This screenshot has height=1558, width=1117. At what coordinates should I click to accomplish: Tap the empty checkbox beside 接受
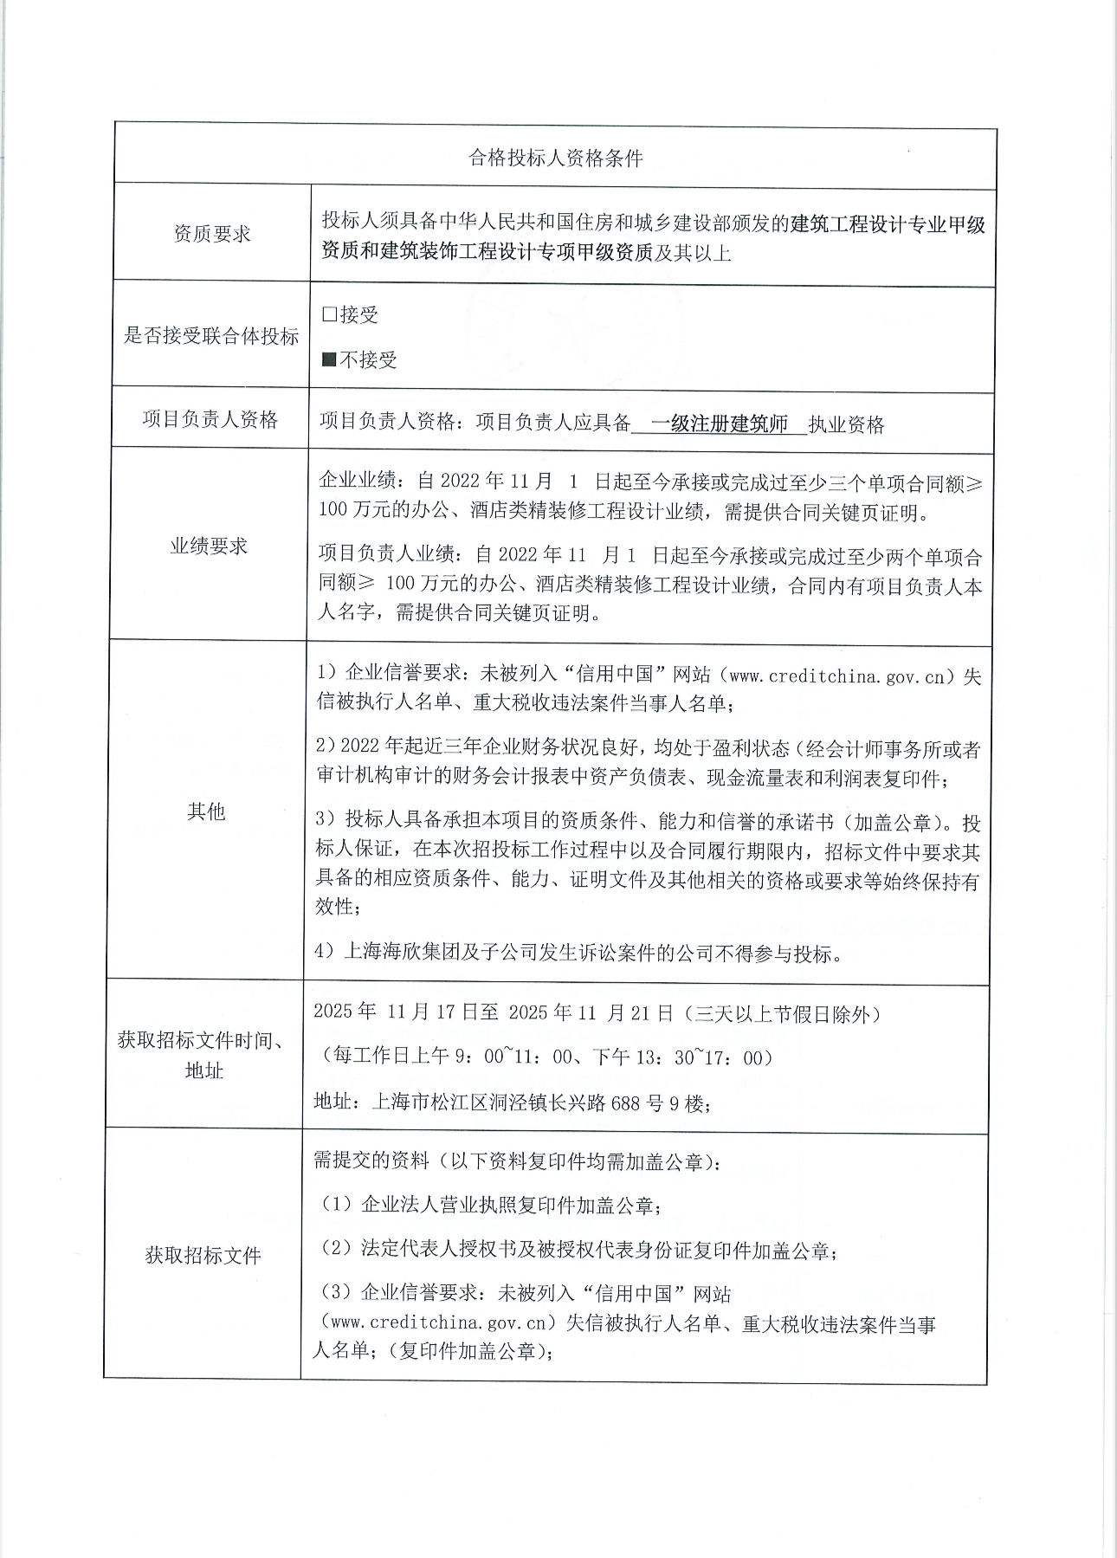pyautogui.click(x=329, y=314)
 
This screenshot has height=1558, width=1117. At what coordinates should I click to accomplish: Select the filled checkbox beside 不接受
pyautogui.click(x=329, y=359)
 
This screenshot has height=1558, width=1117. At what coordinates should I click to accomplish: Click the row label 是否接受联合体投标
pyautogui.click(x=211, y=336)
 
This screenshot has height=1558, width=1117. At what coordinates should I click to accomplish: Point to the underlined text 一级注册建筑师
pyautogui.click(x=719, y=424)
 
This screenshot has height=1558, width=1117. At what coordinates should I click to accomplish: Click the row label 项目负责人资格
pyautogui.click(x=210, y=420)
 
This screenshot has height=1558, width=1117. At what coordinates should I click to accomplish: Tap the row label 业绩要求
pyautogui.click(x=209, y=546)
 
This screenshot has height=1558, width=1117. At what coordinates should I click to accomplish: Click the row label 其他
pyautogui.click(x=206, y=811)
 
